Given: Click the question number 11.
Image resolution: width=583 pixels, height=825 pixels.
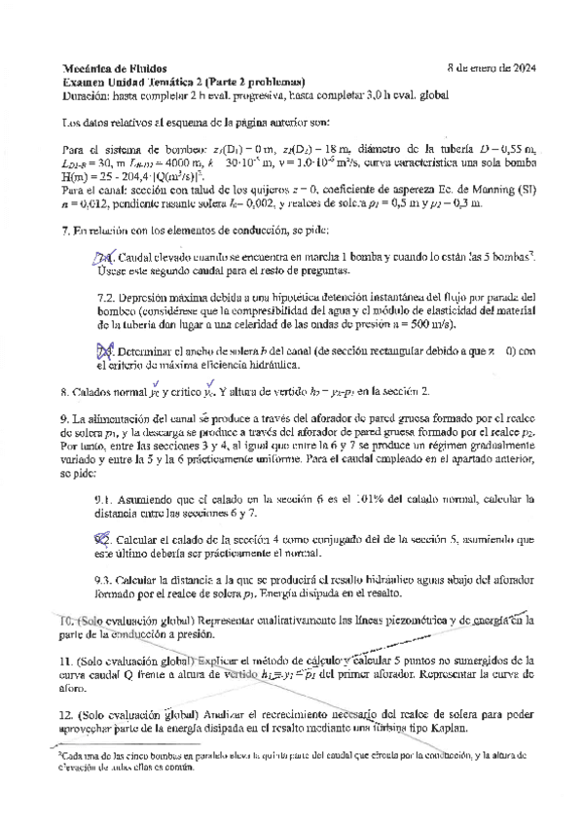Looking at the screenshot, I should [x=68, y=659].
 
